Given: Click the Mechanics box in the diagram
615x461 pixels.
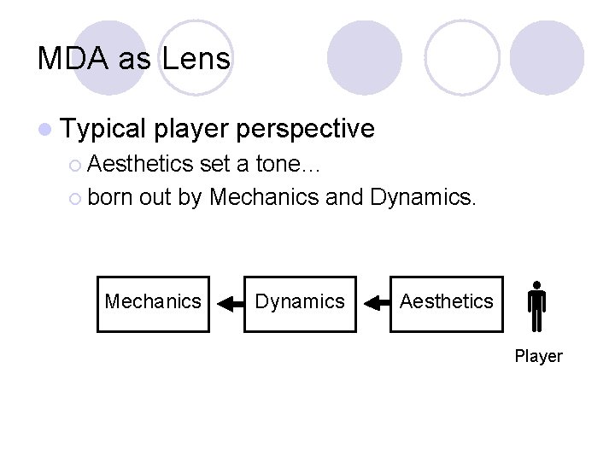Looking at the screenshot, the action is point(153,302).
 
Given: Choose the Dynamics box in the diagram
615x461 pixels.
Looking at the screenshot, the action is point(300,302).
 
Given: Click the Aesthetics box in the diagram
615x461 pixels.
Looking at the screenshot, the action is point(446,302).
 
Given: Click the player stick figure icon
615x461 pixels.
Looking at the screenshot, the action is point(536,307).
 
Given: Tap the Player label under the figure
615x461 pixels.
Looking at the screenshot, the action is point(538,356).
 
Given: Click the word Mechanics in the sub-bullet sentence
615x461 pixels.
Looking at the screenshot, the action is point(264,198).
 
